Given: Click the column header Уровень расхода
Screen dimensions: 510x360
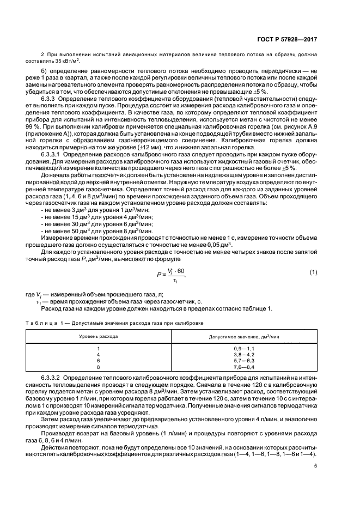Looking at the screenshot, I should (99, 336).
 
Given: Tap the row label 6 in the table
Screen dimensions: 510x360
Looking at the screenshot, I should (99, 361).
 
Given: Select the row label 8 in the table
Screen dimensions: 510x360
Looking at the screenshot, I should (99, 367).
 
